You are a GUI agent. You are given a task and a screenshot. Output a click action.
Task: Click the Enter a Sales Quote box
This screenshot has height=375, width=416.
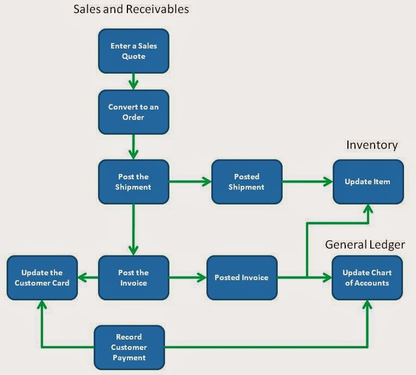[x=133, y=51]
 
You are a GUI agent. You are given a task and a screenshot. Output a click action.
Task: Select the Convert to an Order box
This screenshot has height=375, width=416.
[x=133, y=112]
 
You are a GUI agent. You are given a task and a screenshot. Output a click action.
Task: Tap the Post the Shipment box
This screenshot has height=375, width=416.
[x=133, y=182]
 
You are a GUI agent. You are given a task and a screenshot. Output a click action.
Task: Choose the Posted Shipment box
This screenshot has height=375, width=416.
[x=247, y=182]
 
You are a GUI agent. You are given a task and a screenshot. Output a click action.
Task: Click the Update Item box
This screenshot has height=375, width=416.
[x=368, y=182]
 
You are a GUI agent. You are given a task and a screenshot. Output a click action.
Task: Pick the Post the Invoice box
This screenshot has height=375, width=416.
[x=133, y=277]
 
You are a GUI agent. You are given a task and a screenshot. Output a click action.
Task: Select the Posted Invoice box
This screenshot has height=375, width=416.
[x=241, y=277]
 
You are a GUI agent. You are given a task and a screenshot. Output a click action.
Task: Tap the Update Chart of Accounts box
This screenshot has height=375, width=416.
[x=368, y=277]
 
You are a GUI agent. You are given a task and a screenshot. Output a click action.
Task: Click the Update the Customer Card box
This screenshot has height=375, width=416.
[x=42, y=277]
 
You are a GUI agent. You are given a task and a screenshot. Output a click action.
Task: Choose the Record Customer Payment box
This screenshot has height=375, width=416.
[x=129, y=347]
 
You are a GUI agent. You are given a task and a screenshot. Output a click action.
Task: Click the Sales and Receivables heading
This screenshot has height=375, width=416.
[x=132, y=9]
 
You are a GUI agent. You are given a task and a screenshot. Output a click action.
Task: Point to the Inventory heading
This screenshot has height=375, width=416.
[x=372, y=145]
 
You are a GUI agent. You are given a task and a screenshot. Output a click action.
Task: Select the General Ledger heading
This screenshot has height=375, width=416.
[x=365, y=245]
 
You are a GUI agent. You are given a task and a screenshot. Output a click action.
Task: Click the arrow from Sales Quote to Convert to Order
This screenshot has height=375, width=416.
[x=133, y=82]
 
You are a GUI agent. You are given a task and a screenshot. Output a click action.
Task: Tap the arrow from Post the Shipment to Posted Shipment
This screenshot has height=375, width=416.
[x=190, y=182]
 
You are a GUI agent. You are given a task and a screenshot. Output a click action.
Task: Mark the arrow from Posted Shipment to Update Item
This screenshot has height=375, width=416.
[x=307, y=182]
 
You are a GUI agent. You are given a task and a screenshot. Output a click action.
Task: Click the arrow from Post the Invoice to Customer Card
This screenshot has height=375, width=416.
[x=88, y=277]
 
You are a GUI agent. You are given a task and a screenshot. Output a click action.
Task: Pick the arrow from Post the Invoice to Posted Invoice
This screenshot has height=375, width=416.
[x=187, y=277]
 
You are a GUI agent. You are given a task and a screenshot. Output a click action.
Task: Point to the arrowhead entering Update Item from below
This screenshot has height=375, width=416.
[x=368, y=209]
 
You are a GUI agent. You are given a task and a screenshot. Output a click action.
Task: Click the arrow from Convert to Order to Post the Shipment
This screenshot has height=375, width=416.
[x=133, y=147]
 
